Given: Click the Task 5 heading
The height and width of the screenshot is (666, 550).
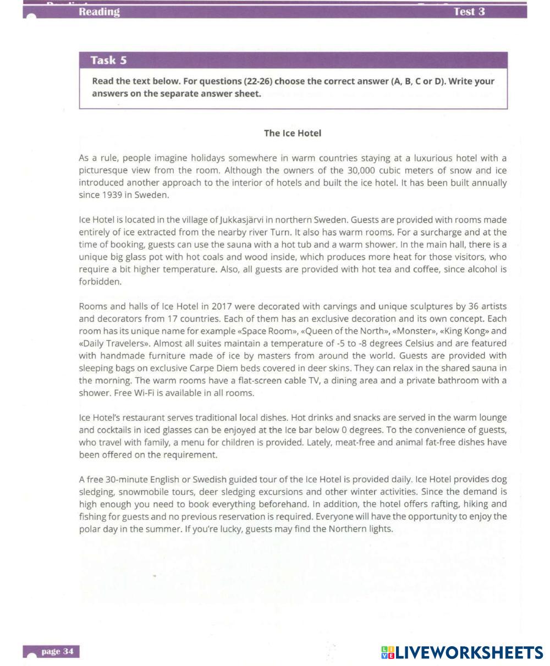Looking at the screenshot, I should click(x=108, y=60).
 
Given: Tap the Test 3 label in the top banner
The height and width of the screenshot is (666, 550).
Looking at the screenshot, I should click(x=469, y=12).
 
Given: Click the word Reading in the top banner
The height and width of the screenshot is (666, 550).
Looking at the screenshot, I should click(x=99, y=12).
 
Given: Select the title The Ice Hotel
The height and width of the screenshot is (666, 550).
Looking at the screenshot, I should click(x=293, y=133).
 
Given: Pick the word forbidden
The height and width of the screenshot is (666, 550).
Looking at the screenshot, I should click(x=100, y=282).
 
